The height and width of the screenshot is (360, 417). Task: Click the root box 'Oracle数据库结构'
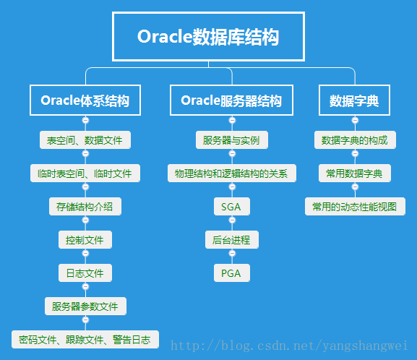tap(208, 37)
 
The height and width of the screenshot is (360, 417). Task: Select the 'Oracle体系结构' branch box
tap(85, 100)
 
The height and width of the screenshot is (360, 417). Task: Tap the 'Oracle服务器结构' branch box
tap(231, 100)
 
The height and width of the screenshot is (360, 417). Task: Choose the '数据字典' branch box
tap(354, 100)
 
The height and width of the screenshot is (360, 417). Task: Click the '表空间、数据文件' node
tap(85, 140)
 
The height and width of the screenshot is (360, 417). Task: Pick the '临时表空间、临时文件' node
tap(85, 173)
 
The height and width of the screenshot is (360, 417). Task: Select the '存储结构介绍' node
tap(85, 207)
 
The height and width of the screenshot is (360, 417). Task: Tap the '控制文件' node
tap(85, 240)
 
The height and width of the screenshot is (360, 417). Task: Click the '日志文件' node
tap(85, 273)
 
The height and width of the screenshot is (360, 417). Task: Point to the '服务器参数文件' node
tap(85, 306)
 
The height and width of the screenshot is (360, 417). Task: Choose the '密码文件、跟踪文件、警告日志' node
tap(85, 339)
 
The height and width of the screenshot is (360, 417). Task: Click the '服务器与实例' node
tap(231, 140)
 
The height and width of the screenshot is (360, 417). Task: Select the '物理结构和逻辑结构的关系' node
tap(231, 173)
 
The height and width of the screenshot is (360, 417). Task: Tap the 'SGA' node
tap(231, 207)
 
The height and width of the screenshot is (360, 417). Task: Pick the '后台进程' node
tap(231, 240)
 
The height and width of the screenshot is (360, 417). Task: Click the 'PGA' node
tap(231, 273)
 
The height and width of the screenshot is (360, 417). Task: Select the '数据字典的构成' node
tap(354, 140)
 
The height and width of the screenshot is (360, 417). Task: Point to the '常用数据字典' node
tap(354, 173)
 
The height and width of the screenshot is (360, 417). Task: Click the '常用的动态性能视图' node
tap(354, 207)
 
